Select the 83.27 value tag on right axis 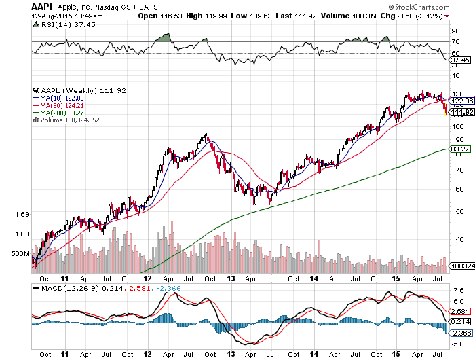point(460,149)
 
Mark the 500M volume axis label point(21,253)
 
